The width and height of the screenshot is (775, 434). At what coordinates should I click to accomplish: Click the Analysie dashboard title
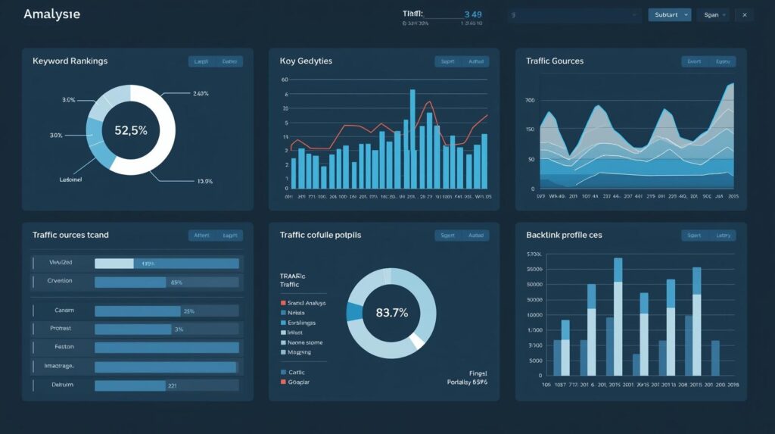(51, 14)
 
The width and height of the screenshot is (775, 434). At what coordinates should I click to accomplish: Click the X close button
(744, 14)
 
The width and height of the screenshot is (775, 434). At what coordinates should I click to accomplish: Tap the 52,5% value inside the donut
(131, 130)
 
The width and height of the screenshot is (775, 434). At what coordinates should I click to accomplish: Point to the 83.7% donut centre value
(391, 312)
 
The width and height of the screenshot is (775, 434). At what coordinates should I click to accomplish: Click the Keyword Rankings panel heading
(70, 61)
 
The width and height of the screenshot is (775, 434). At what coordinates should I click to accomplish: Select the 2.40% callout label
(201, 94)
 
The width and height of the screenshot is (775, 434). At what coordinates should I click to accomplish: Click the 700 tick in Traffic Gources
(530, 101)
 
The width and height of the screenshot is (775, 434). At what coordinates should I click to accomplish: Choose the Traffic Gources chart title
(554, 61)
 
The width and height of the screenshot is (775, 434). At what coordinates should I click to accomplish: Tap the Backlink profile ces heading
(564, 235)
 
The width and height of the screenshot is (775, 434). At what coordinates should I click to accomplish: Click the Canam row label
(64, 311)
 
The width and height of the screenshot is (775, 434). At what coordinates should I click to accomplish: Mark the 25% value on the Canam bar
(189, 311)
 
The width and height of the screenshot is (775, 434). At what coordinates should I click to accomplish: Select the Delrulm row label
(64, 385)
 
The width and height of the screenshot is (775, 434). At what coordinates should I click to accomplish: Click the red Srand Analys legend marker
(282, 302)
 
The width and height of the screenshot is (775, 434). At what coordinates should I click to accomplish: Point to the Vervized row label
(61, 263)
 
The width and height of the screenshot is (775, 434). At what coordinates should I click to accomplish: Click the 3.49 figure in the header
(472, 14)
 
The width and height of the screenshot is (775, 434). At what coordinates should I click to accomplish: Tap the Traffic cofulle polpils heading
(320, 235)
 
